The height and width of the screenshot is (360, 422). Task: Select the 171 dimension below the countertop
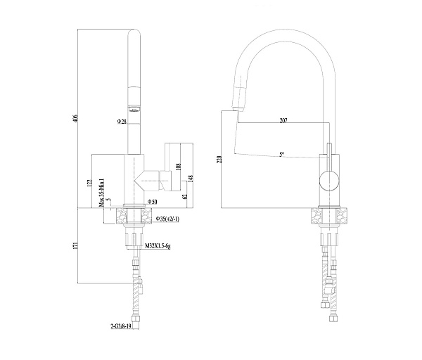pos(76,245)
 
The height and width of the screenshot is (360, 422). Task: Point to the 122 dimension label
pos(89,183)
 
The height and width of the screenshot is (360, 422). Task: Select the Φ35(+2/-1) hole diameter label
pos(167,219)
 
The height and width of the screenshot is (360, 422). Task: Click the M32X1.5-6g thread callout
pos(160,247)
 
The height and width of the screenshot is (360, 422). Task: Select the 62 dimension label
pos(184,198)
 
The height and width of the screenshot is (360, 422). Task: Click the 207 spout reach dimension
pos(283,122)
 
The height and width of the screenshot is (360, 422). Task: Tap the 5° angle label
pos(281,154)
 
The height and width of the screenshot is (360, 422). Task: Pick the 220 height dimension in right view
pos(220,160)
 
